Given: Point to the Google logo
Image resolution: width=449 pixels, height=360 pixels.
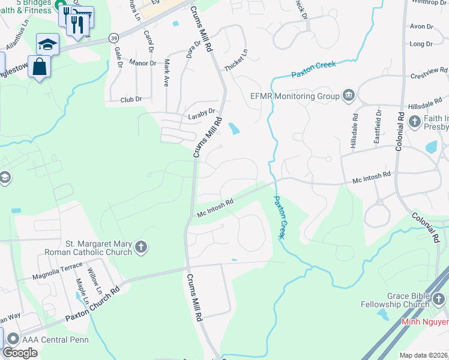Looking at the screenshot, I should [x=20, y=352].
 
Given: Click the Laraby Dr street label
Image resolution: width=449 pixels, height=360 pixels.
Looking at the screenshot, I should [x=201, y=112].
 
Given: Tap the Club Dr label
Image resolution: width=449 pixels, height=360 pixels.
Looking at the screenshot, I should [x=131, y=100].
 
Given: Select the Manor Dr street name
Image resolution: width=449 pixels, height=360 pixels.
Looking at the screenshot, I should [x=142, y=62].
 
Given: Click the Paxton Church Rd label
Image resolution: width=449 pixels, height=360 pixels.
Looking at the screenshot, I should [x=93, y=303].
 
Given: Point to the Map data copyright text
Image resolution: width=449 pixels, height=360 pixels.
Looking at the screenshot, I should [x=423, y=355].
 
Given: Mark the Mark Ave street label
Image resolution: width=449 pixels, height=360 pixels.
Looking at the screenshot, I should [x=166, y=73].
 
